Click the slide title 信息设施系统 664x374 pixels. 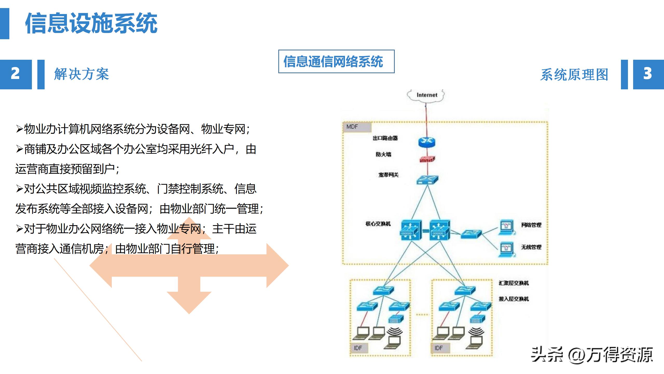(x=91, y=23)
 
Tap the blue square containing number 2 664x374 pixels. (x=16, y=74)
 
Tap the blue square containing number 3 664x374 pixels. (x=648, y=74)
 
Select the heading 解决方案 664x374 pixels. (x=81, y=74)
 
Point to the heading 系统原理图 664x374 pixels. (x=574, y=75)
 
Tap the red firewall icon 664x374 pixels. (x=427, y=159)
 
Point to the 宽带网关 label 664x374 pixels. (x=388, y=175)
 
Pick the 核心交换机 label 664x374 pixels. (x=378, y=224)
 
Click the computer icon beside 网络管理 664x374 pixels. (x=506, y=228)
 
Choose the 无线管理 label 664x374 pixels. (x=531, y=247)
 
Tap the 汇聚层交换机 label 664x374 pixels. (x=513, y=283)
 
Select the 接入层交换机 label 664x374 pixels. (x=513, y=299)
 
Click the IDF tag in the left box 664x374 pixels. (x=358, y=348)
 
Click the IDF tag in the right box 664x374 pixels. (x=439, y=348)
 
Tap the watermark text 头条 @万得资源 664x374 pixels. (x=592, y=355)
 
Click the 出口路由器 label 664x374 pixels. (x=385, y=138)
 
